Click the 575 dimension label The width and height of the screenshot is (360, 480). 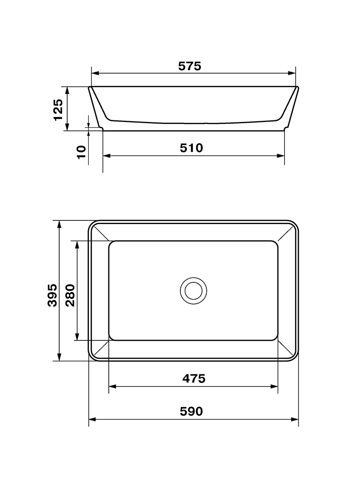tap(190, 66)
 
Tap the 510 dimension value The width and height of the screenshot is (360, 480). tap(191, 148)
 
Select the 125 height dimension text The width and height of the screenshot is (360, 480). tap(58, 110)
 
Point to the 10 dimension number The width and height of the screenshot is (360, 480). tap(82, 152)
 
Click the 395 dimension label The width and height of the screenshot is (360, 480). tap(52, 295)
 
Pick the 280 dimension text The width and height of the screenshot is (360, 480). tap(70, 295)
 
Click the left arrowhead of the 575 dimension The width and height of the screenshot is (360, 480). tap(95, 73)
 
